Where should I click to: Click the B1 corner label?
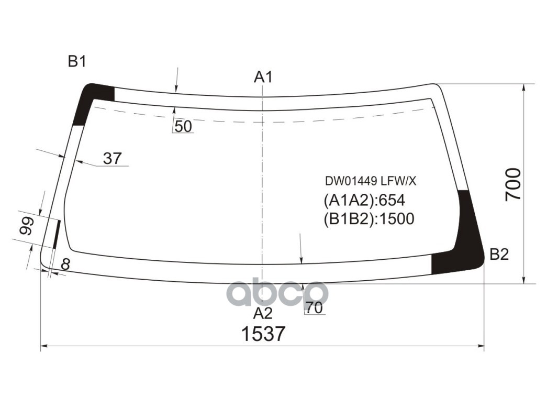[77, 62]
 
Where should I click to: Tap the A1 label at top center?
[263, 78]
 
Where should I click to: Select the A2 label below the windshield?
[263, 313]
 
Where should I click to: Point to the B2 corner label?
[499, 255]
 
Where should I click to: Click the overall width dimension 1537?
[263, 334]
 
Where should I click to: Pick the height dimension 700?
[513, 184]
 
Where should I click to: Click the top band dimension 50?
[183, 126]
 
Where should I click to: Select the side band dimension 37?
[112, 158]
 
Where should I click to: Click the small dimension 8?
[65, 264]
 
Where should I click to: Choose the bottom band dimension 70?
[314, 308]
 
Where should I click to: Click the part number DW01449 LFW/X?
[371, 181]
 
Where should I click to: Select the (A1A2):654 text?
[364, 201]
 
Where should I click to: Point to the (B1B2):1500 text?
[369, 218]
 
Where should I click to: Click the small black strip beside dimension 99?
[57, 234]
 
